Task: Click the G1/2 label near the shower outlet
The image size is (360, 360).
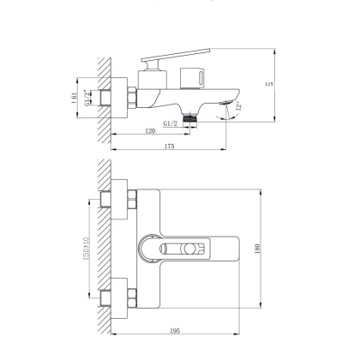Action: [168, 123]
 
